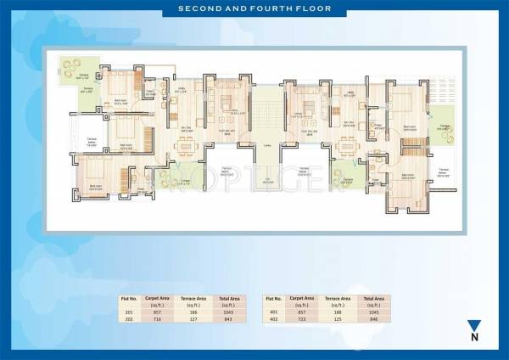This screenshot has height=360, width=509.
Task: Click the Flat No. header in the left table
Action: point(129,299)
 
